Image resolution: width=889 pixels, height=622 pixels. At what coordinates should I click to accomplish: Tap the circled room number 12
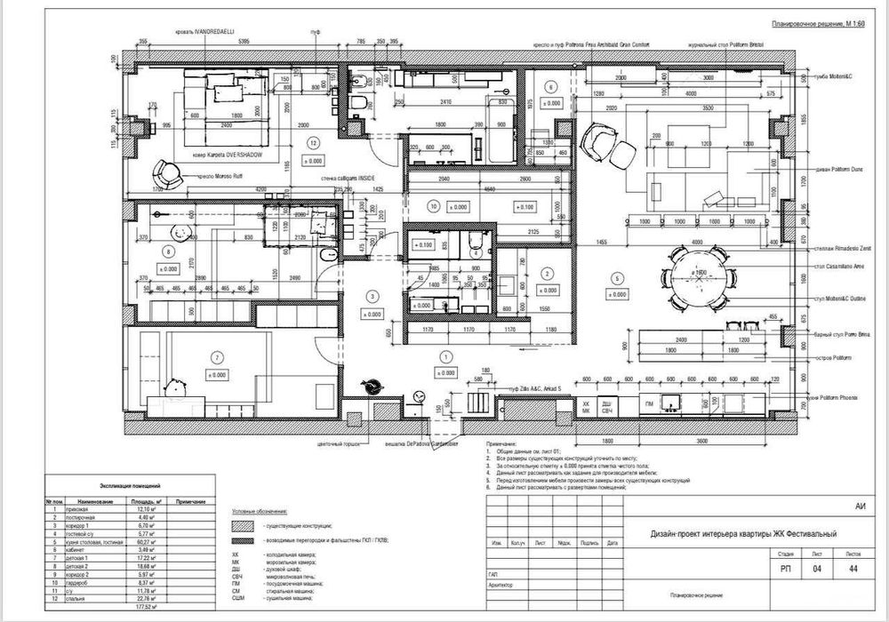click(312, 142)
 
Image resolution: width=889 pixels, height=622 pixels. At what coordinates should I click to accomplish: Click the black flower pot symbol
click(372, 387)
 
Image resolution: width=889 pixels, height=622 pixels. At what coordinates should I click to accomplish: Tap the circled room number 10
click(434, 205)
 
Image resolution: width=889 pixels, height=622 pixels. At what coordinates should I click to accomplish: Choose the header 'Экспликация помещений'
click(127, 488)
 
